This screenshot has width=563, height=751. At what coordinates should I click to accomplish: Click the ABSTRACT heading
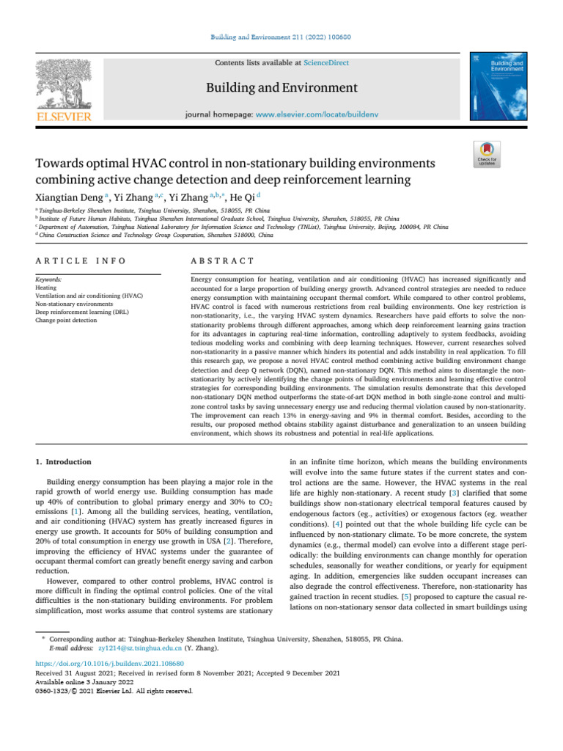pos(222,260)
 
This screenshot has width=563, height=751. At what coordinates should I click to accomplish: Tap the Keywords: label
pos(49,280)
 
